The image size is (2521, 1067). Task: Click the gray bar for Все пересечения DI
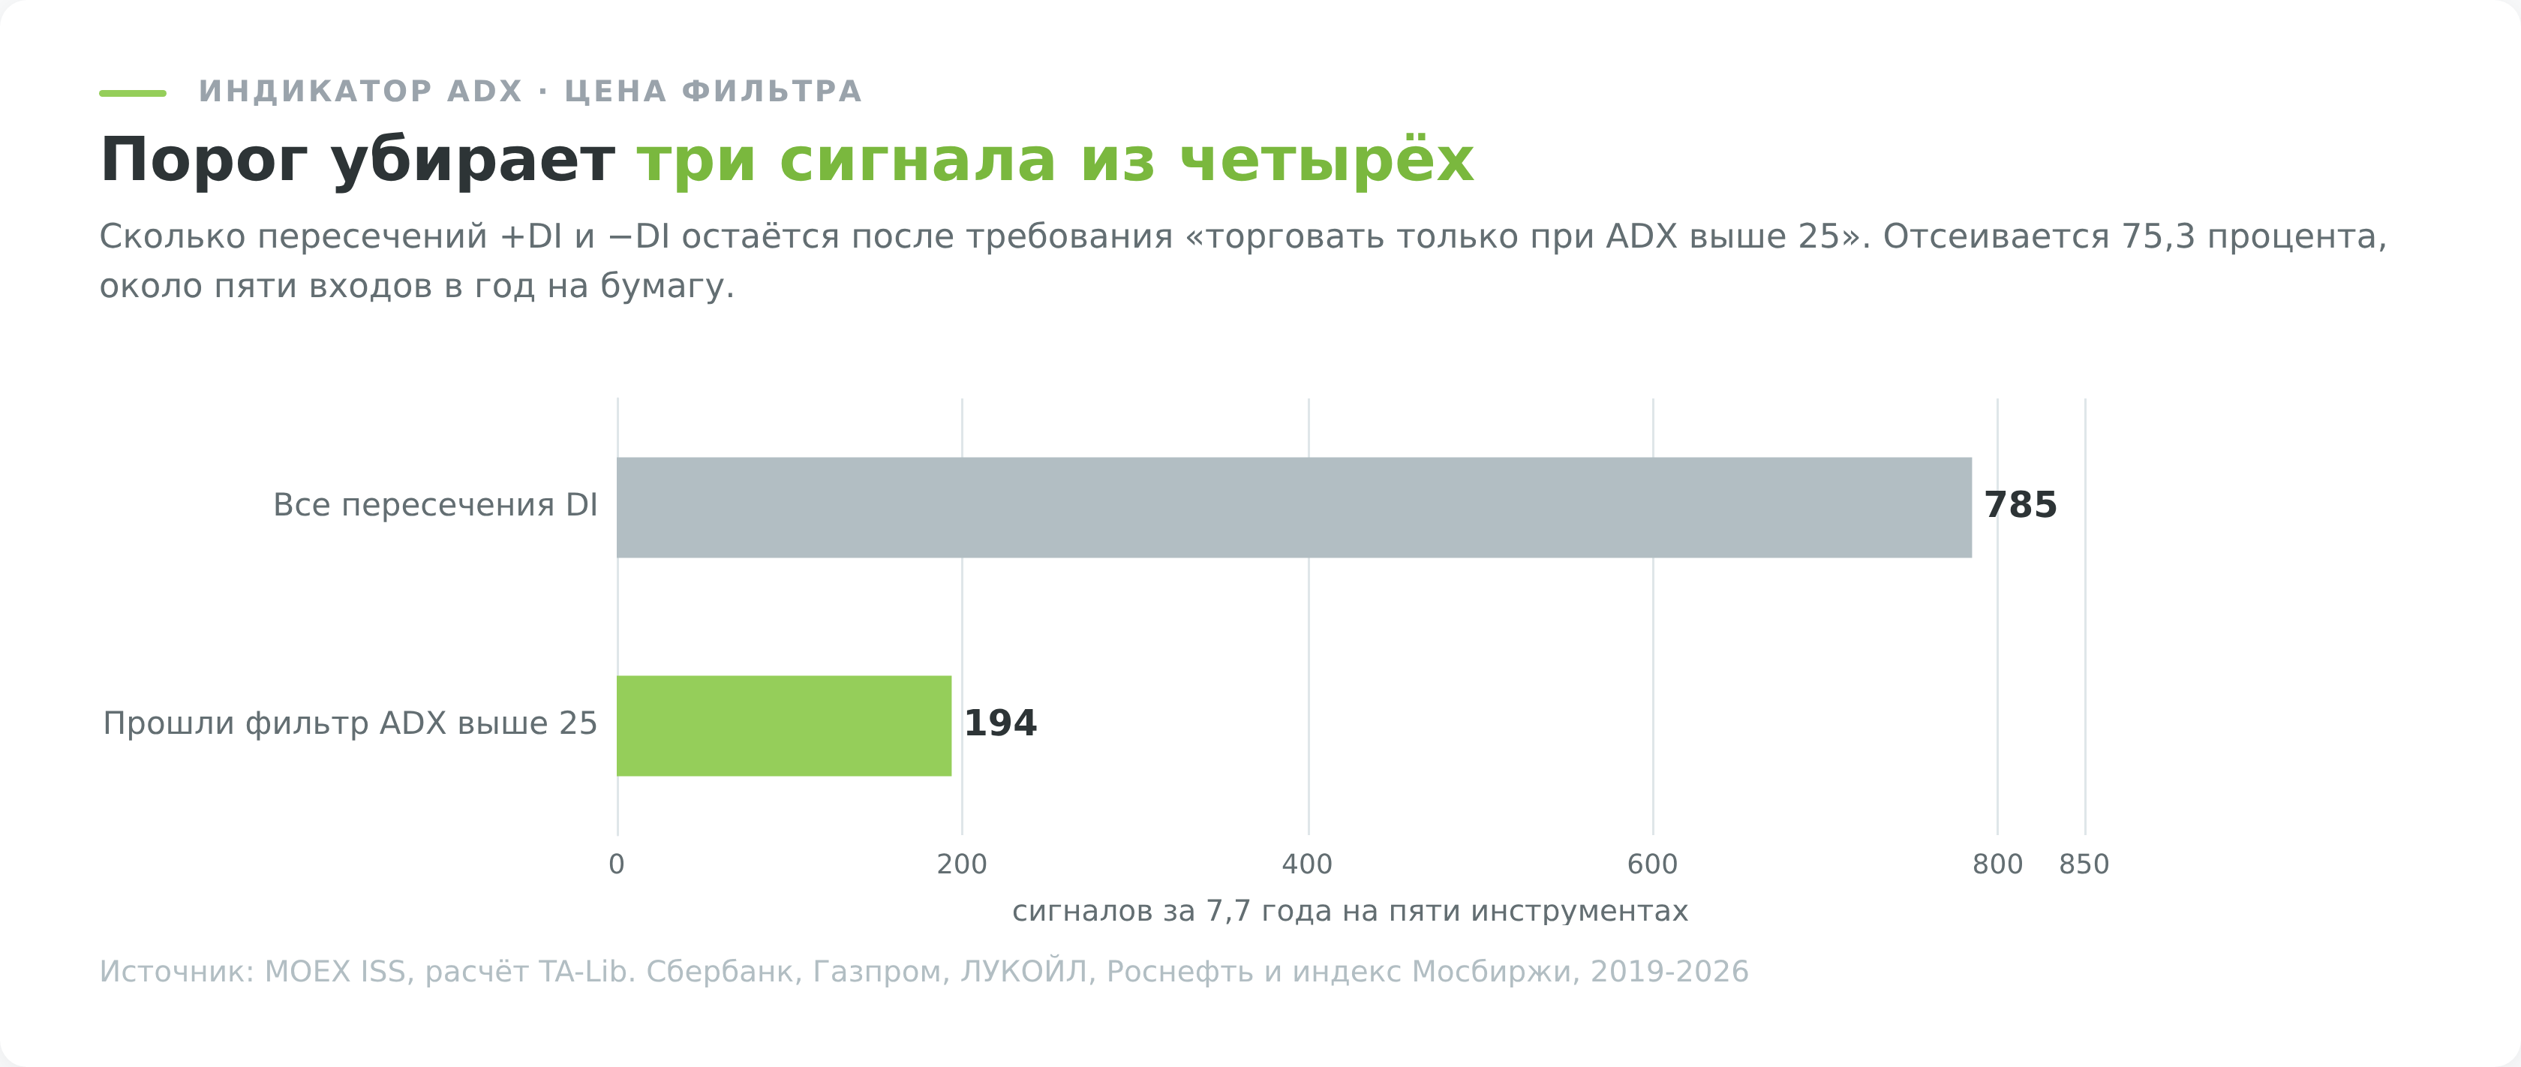pos(1294,507)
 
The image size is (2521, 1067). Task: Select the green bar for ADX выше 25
pos(784,726)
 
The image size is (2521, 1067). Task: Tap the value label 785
pos(2020,506)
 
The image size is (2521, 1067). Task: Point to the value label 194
pos(1000,724)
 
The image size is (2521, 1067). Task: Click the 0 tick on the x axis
pos(617,864)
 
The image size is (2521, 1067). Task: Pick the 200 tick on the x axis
pos(962,864)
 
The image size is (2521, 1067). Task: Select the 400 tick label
pos(1308,864)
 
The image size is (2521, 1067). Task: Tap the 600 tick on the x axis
pos(1653,864)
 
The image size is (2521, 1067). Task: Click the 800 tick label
pos(1997,864)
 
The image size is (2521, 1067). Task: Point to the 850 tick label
pos(2084,864)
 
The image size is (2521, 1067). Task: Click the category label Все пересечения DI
pos(435,505)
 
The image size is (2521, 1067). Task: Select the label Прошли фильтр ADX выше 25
pos(350,724)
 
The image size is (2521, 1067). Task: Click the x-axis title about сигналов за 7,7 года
pos(1351,912)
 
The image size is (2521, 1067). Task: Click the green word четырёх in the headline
pos(1327,160)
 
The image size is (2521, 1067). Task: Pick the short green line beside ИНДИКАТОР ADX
pos(133,93)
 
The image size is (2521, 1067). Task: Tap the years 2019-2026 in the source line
pos(1669,972)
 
